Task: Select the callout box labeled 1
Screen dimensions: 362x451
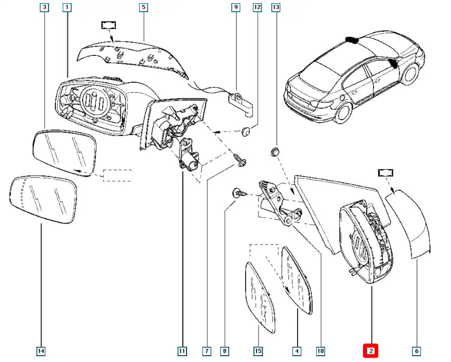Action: coord(66,7)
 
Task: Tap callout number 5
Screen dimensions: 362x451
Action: coord(143,7)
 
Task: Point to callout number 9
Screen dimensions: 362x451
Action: coord(236,7)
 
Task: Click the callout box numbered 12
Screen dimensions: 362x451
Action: coord(257,7)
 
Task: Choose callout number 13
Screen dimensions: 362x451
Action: coord(276,7)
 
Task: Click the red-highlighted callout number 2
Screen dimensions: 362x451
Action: coord(371,350)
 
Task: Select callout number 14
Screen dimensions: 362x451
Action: coord(41,350)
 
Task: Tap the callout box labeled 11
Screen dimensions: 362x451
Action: coord(182,350)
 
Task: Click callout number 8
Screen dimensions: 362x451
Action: coord(225,350)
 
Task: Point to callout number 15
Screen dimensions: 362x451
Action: coord(258,350)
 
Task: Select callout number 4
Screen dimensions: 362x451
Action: coord(297,350)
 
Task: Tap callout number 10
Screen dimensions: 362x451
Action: coord(320,350)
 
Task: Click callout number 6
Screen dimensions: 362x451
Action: coord(416,350)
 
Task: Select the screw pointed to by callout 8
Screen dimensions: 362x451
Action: coord(238,194)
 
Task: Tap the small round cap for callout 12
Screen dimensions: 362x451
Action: coord(246,131)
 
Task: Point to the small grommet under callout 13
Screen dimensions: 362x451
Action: coord(273,152)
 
